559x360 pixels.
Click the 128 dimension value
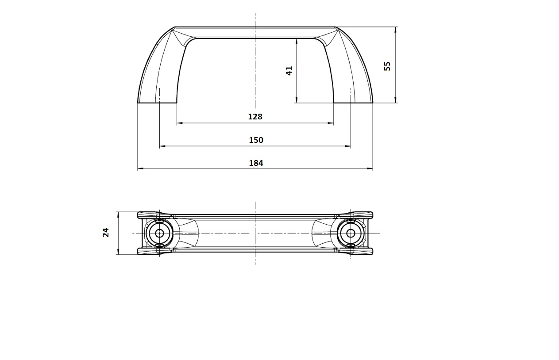tap(255, 116)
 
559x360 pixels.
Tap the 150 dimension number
tap(256, 140)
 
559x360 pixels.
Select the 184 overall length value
tap(256, 163)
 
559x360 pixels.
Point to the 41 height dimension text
tap(289, 71)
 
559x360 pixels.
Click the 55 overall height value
tap(387, 66)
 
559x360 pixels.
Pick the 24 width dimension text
tap(106, 232)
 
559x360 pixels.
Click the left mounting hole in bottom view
tap(159, 234)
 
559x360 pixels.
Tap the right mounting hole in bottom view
tap(351, 234)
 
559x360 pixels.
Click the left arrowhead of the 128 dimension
tap(180, 123)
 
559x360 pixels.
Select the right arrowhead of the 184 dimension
tap(370, 169)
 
